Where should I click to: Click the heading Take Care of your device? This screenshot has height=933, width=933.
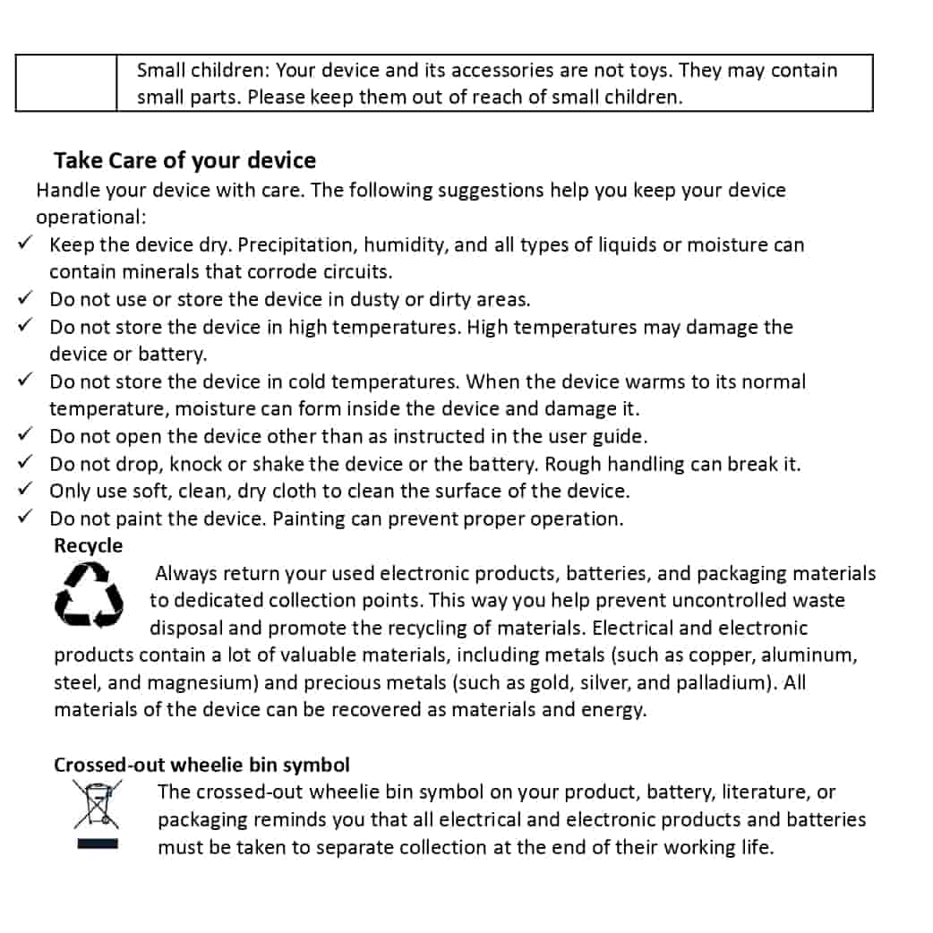[184, 160]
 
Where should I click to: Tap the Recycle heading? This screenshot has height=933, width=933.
[88, 545]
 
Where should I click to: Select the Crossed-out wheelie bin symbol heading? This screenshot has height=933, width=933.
[201, 765]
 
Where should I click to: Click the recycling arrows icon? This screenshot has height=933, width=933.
[88, 595]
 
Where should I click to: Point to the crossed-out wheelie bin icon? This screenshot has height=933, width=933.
[98, 803]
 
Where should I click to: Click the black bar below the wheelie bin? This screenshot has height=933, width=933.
[98, 844]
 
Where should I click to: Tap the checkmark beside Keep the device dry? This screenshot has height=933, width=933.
[26, 243]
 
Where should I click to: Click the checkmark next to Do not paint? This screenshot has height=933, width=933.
[26, 517]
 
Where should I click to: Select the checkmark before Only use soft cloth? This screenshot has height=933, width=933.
[26, 489]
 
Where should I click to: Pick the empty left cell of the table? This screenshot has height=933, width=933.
[65, 83]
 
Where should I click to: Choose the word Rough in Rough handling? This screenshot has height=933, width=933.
[573, 464]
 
